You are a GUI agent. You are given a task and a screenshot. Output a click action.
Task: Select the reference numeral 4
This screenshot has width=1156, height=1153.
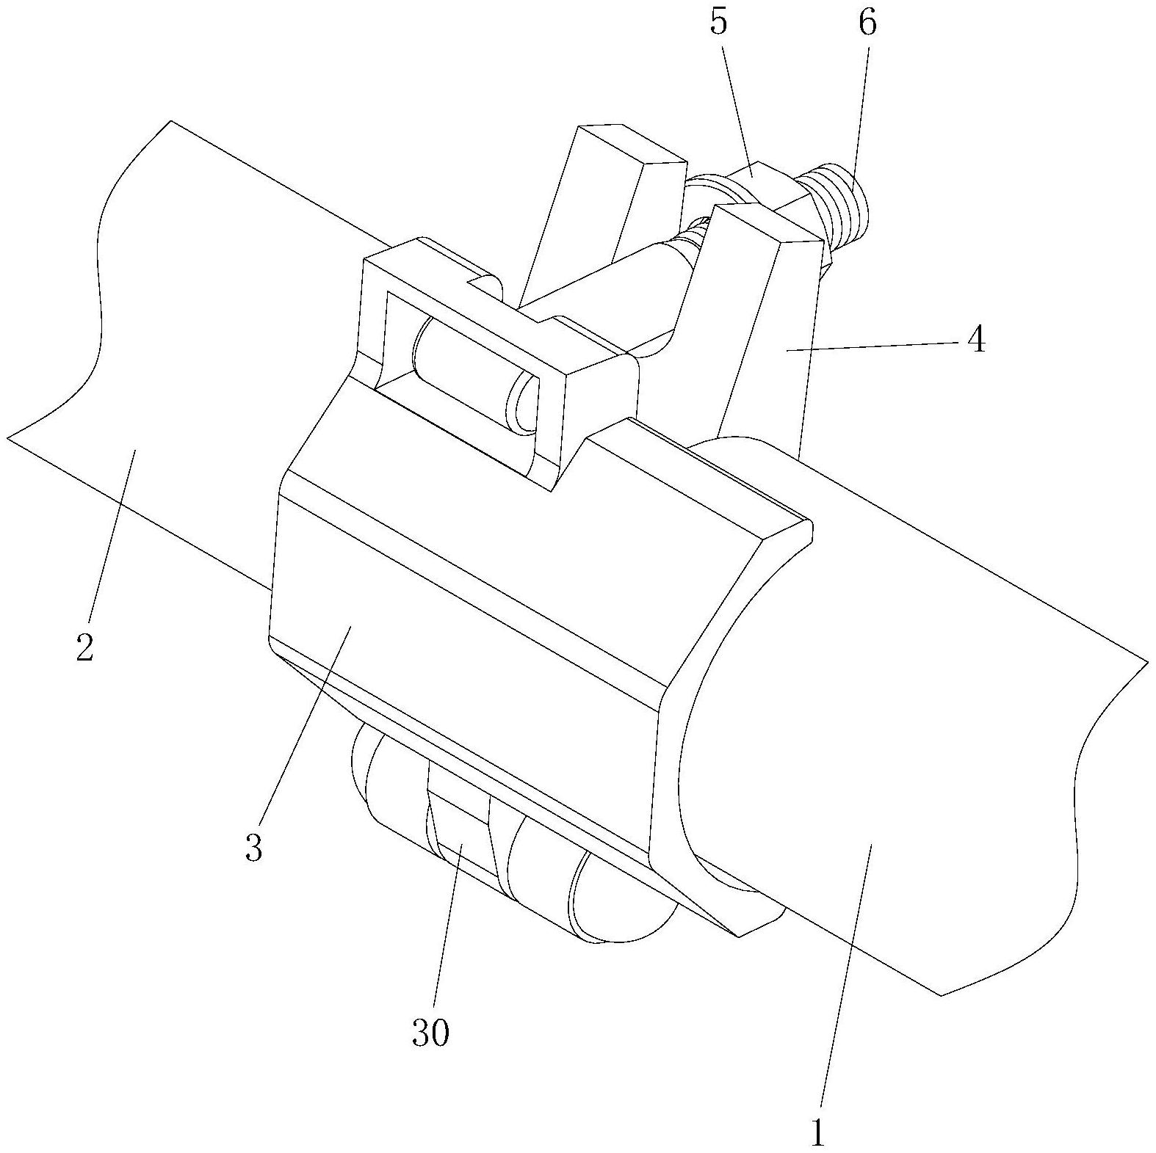click(975, 341)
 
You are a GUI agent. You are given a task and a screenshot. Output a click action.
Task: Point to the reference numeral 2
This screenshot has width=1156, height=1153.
click(85, 647)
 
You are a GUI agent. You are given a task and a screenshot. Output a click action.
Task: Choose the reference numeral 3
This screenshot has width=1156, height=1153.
click(253, 848)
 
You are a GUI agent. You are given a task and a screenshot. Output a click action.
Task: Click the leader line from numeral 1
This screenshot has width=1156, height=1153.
click(845, 976)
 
